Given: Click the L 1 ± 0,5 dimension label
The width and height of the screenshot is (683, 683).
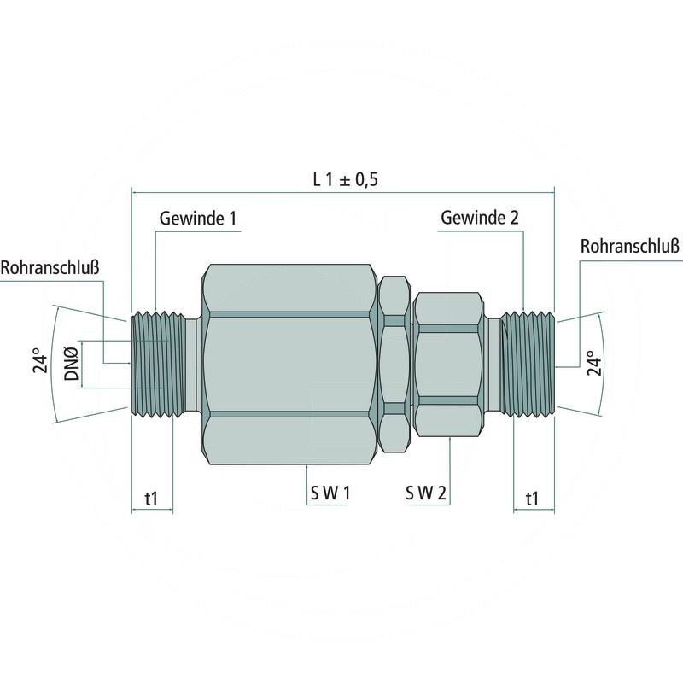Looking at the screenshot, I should [x=345, y=179].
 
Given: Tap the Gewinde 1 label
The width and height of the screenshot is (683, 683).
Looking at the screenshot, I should [x=197, y=219].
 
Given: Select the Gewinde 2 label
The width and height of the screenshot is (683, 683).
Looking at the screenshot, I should [x=480, y=219].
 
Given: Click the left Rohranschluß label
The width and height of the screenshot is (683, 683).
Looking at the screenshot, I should [x=50, y=267].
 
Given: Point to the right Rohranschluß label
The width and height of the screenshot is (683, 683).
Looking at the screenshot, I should [x=629, y=247].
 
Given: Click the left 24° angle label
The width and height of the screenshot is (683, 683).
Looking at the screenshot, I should [x=38, y=363].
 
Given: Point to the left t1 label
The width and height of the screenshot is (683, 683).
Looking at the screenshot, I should [x=151, y=498].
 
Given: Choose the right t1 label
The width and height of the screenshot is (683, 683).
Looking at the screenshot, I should [x=533, y=498].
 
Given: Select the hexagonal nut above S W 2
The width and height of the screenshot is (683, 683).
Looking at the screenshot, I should [x=447, y=363].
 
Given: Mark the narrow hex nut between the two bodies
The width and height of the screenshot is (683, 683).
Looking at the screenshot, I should [x=394, y=363].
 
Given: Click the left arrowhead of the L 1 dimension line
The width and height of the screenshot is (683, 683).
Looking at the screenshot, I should [x=135, y=191].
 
